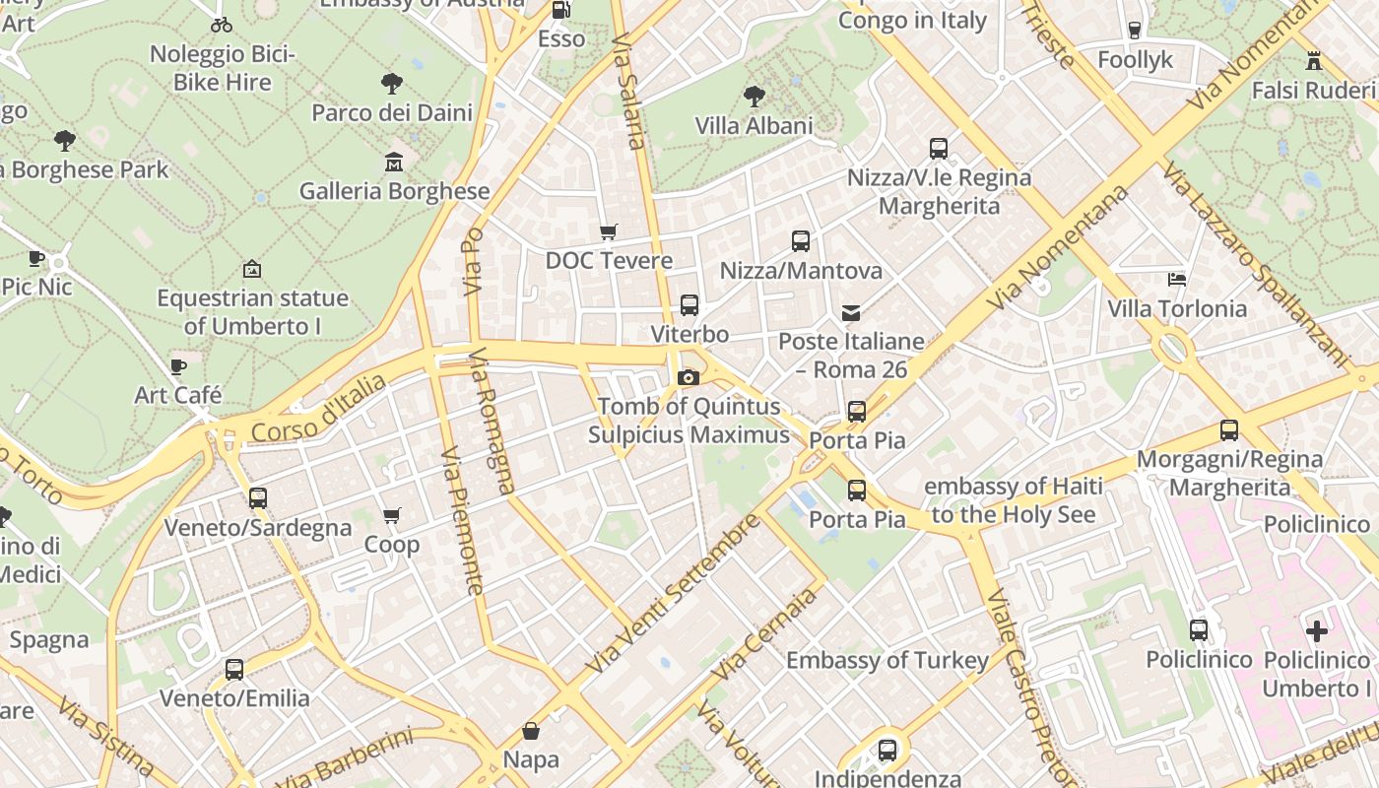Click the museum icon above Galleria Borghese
click(394, 162)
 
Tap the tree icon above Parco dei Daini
click(392, 83)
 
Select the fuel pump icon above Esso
click(560, 10)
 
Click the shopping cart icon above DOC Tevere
click(609, 231)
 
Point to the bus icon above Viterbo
click(689, 305)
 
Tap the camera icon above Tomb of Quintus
click(689, 377)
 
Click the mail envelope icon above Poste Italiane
click(851, 313)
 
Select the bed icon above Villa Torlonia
click(1176, 280)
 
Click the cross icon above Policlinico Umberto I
click(1317, 630)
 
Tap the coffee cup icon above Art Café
click(178, 366)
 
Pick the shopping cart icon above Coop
click(392, 515)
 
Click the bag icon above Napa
click(531, 730)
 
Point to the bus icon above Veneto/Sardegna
click(258, 498)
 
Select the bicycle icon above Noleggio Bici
click(223, 25)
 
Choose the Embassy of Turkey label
click(886, 660)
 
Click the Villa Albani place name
click(755, 126)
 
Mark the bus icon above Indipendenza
click(887, 751)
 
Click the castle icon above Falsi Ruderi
click(1313, 61)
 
